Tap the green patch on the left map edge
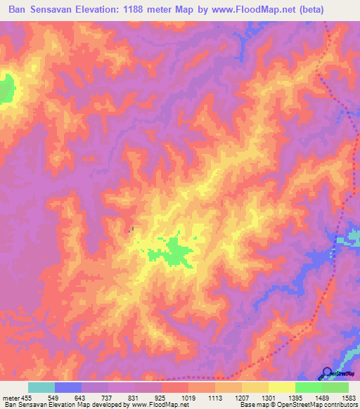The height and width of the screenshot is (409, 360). [6, 89]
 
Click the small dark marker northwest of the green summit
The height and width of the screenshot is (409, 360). [131, 228]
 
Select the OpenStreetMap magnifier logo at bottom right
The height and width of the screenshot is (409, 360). [328, 373]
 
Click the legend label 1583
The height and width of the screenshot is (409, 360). [349, 398]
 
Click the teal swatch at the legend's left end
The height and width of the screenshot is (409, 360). [41, 387]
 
